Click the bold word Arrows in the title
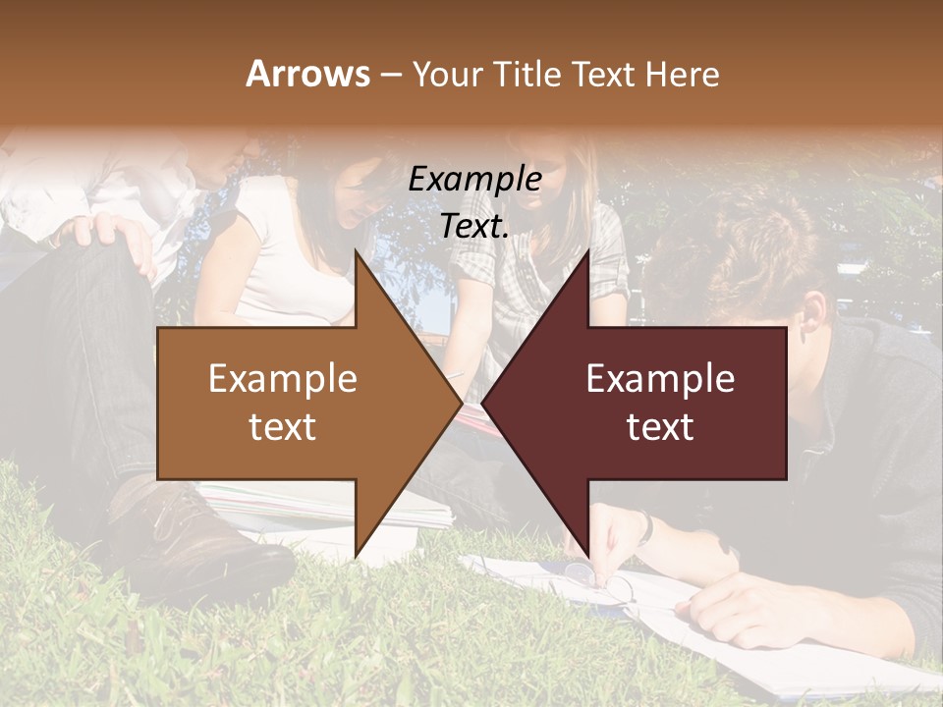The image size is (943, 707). pyautogui.click(x=307, y=74)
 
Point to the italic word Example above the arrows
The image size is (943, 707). pyautogui.click(x=474, y=180)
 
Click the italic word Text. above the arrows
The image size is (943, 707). pyautogui.click(x=474, y=227)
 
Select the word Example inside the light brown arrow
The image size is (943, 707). pyautogui.click(x=282, y=379)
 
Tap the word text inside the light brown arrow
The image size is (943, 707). pyautogui.click(x=282, y=427)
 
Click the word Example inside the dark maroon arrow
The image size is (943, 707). pyautogui.click(x=660, y=379)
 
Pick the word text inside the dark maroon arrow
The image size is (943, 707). pyautogui.click(x=660, y=427)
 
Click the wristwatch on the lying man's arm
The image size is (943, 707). pyautogui.click(x=644, y=528)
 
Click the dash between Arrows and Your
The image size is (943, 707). pyautogui.click(x=389, y=75)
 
